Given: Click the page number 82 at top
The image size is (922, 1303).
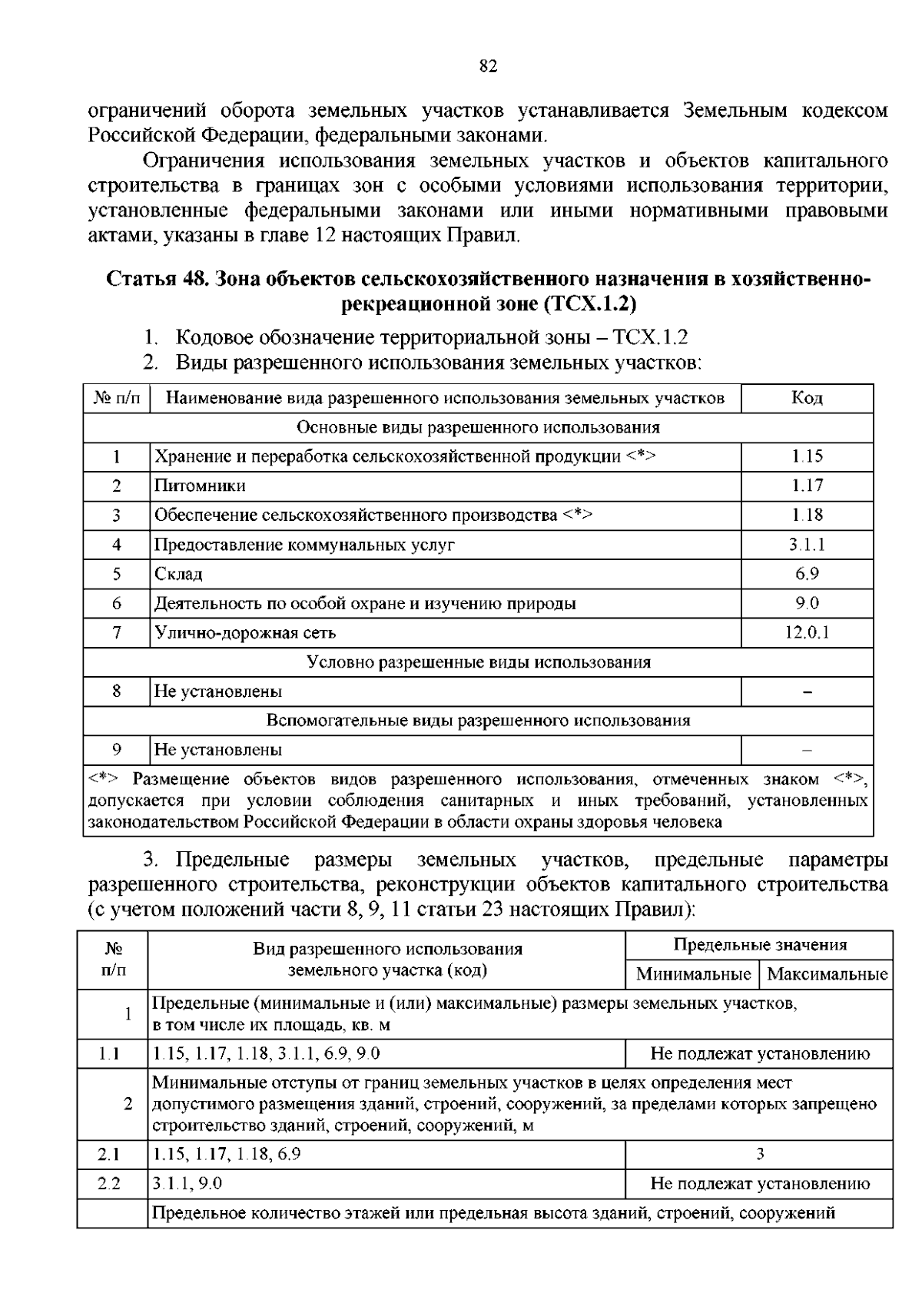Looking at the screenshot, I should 489,66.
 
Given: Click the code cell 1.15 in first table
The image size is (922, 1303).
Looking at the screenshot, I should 807,456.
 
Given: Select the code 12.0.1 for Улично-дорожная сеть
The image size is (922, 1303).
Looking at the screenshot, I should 807,633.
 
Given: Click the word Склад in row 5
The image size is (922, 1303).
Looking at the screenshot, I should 178,574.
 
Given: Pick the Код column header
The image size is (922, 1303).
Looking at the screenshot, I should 807,398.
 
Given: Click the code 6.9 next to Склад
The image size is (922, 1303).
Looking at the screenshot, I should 807,574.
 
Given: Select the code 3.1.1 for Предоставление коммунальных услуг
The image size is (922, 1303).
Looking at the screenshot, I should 807,545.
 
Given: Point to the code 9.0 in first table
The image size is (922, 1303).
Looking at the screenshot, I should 807,603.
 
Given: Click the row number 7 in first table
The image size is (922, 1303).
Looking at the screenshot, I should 117,633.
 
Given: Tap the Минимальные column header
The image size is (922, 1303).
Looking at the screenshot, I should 693,974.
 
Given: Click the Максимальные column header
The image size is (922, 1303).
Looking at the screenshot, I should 827,974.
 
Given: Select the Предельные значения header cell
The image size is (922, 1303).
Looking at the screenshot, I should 759,945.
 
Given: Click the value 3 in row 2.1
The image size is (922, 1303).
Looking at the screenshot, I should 760,1153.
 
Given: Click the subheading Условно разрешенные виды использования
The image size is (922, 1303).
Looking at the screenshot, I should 478,662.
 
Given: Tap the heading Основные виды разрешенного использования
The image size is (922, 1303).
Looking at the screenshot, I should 478,427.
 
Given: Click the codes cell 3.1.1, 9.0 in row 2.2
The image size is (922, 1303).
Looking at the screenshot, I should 187,1183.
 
